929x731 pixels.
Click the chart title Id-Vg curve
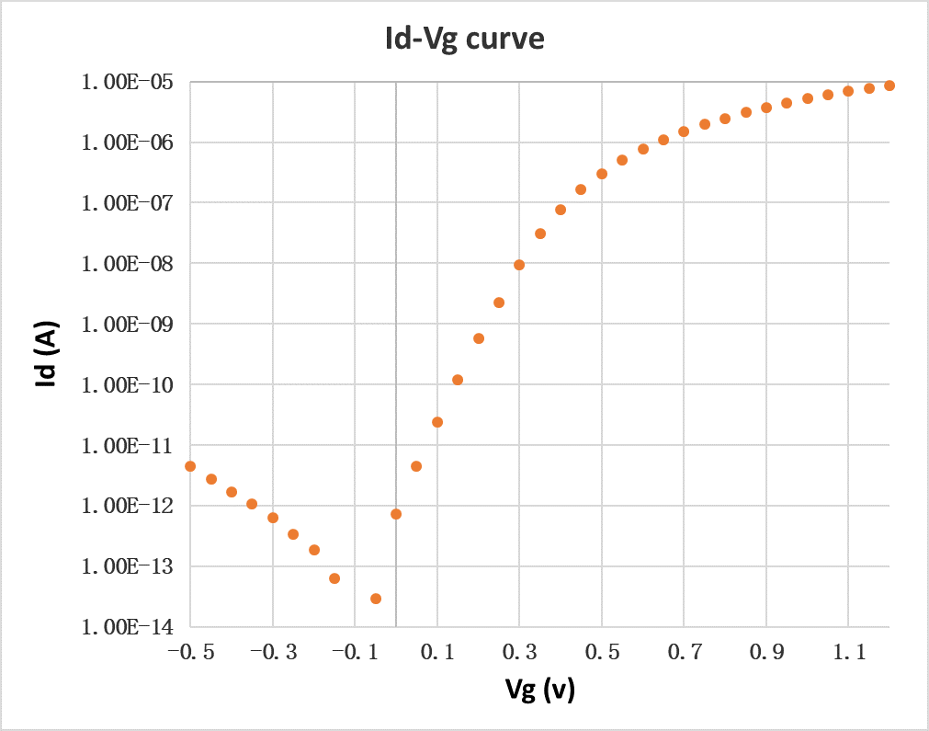pos(464,40)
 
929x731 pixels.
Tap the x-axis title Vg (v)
pos(539,690)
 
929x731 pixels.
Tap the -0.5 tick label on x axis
pos(189,653)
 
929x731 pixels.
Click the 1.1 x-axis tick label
pos(848,653)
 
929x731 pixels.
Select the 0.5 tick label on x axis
pos(602,653)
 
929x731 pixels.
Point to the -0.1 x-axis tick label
pos(354,653)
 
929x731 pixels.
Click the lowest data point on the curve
pos(376,599)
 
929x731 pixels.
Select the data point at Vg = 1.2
pos(889,86)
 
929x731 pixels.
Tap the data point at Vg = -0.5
pos(190,466)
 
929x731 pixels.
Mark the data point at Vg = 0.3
pos(519,265)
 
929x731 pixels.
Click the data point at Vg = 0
pos(396,514)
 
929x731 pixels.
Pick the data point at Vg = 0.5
pos(602,174)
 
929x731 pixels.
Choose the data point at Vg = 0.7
pos(684,131)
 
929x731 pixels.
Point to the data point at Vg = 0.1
pos(437,422)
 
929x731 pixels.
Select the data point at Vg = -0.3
pos(273,518)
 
